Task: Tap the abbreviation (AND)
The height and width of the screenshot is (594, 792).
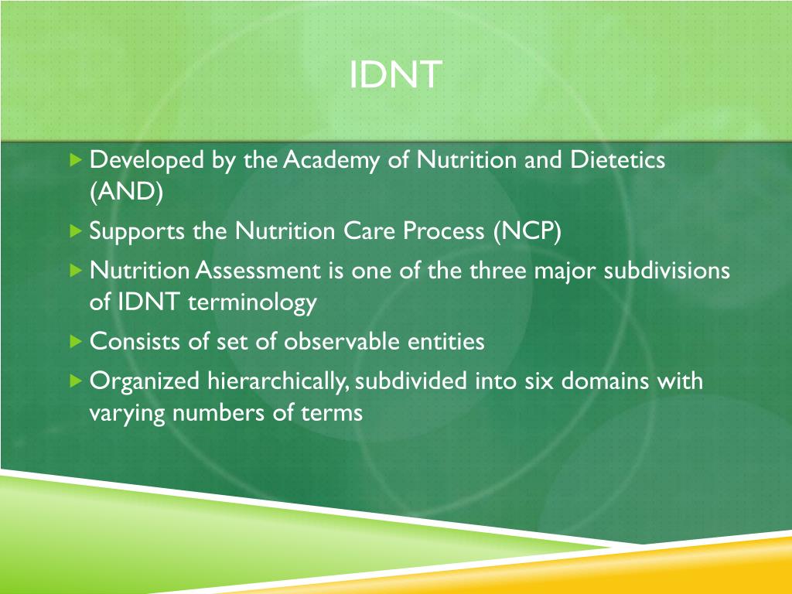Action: coord(126,193)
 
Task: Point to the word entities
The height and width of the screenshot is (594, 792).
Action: coord(448,342)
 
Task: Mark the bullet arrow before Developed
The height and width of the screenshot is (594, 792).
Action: coord(75,161)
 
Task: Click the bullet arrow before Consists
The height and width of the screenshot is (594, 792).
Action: coord(75,341)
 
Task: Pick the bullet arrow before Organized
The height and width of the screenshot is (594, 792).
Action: coord(75,381)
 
